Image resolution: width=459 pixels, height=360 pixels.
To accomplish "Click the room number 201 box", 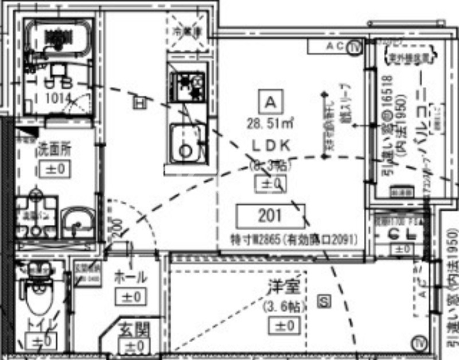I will tap(270, 216).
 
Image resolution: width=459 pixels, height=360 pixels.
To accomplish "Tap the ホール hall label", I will tap(131, 276).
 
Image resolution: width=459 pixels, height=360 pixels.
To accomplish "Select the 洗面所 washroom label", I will tap(54, 150).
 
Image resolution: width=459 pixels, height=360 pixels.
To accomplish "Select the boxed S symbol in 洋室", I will tap(324, 300).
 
